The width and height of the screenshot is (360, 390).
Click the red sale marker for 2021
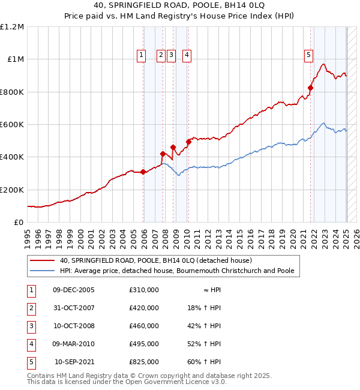point(311,88)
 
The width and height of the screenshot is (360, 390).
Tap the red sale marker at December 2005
point(143,172)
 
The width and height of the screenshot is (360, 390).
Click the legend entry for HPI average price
point(176,271)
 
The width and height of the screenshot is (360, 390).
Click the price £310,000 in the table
point(143,290)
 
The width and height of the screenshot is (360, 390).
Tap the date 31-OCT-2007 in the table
point(74,308)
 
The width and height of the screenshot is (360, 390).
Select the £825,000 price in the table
point(143,362)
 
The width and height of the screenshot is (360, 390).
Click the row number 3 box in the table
point(30,326)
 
